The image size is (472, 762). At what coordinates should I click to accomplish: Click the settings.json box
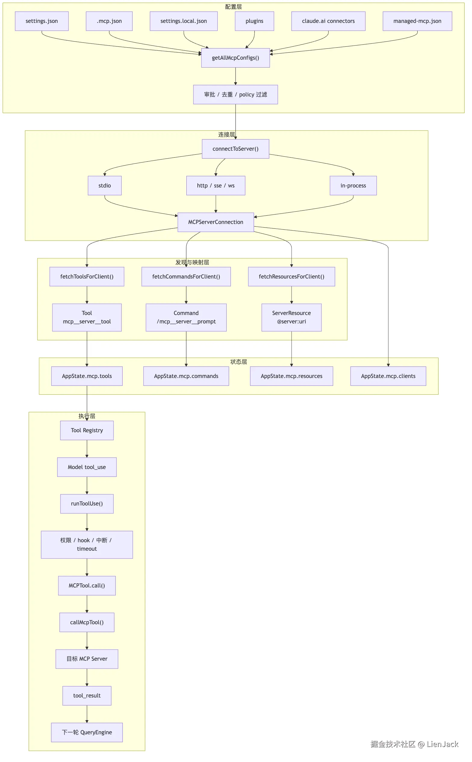pyautogui.click(x=42, y=21)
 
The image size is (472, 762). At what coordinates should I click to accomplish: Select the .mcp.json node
pyautogui.click(x=109, y=21)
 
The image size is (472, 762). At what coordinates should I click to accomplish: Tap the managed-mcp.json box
pyautogui.click(x=418, y=21)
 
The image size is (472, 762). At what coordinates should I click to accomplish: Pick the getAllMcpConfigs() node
pyautogui.click(x=235, y=58)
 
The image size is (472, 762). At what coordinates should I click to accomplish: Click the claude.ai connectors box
pyautogui.click(x=328, y=21)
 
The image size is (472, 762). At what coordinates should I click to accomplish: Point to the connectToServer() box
pyautogui.click(x=235, y=149)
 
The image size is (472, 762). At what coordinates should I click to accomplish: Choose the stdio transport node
pyautogui.click(x=104, y=186)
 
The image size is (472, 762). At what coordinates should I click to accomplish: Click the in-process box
pyautogui.click(x=353, y=186)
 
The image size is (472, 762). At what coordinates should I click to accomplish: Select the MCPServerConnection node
pyautogui.click(x=216, y=222)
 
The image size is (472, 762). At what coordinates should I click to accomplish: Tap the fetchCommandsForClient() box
pyautogui.click(x=186, y=277)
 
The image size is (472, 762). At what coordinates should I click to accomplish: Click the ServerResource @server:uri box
pyautogui.click(x=292, y=318)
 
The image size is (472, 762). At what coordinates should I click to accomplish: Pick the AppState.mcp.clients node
pyautogui.click(x=388, y=376)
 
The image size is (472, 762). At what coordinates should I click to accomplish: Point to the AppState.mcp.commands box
pyautogui.click(x=186, y=376)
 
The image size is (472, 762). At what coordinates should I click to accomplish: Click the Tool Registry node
pyautogui.click(x=87, y=430)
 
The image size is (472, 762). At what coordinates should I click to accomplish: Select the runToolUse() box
pyautogui.click(x=87, y=503)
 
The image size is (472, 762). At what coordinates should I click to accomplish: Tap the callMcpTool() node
pyautogui.click(x=87, y=622)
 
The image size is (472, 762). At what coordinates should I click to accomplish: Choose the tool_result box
pyautogui.click(x=87, y=695)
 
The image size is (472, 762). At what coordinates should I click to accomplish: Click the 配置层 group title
pyautogui.click(x=234, y=7)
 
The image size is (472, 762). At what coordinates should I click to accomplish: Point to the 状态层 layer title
pyautogui.click(x=239, y=362)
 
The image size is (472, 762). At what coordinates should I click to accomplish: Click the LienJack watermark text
pyautogui.click(x=442, y=744)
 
